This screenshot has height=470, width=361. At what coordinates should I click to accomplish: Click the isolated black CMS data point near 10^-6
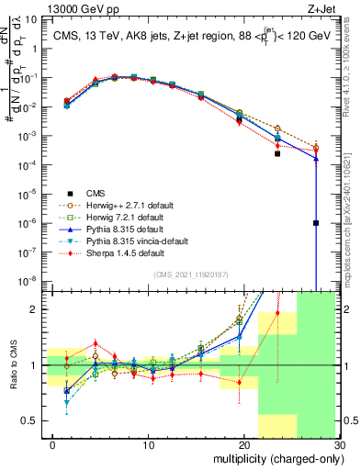click(x=316, y=222)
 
